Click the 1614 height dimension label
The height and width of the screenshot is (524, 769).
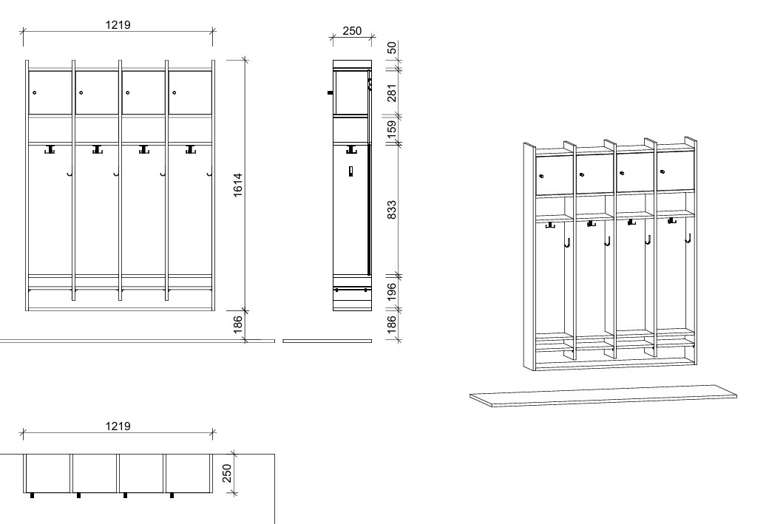(x=238, y=185)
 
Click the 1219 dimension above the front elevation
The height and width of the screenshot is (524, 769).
(x=118, y=24)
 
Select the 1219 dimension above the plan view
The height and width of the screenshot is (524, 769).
(x=118, y=426)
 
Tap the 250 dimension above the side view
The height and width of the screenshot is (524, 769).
(x=352, y=30)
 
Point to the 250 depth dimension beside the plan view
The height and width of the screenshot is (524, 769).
(x=227, y=473)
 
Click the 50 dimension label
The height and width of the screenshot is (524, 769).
(x=392, y=47)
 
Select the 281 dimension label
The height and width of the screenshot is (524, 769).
(x=392, y=92)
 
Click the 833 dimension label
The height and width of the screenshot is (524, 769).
(x=392, y=209)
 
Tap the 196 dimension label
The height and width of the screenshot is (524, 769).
(x=392, y=291)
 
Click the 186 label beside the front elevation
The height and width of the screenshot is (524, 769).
(x=238, y=324)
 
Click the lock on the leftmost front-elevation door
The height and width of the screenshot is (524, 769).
(x=34, y=92)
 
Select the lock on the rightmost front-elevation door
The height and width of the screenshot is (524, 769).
(x=174, y=92)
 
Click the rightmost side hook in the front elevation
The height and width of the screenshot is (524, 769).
(x=209, y=173)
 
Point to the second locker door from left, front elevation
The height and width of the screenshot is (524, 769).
(x=97, y=92)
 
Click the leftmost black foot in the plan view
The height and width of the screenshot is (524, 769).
(x=33, y=496)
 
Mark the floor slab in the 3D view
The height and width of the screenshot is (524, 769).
(x=603, y=396)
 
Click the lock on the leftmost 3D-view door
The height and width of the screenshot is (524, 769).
(x=541, y=176)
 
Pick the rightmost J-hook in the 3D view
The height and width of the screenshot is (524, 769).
(x=688, y=239)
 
